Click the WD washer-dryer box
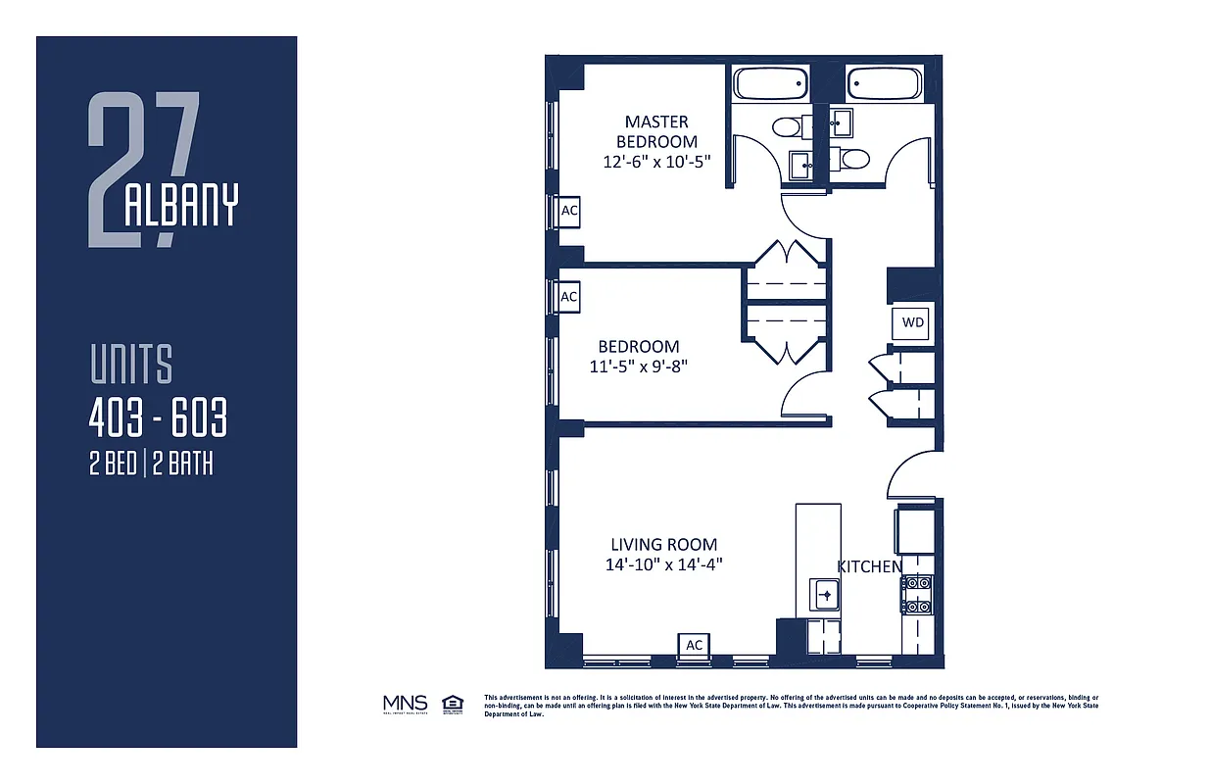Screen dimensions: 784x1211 [x=911, y=322]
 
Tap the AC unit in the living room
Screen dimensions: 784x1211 [x=694, y=644]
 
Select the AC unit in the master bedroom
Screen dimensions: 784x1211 [x=568, y=211]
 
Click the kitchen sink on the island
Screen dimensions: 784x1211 [x=825, y=594]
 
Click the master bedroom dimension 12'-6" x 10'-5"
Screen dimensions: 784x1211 [x=656, y=161]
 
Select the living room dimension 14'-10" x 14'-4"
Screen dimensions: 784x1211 [x=663, y=564]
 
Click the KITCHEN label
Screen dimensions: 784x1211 [x=869, y=566]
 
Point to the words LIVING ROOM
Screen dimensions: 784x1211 [x=663, y=545]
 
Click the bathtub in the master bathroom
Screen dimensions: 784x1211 [x=771, y=84]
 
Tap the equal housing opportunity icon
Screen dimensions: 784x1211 [x=452, y=703]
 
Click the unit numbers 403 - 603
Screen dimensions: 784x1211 [x=158, y=419]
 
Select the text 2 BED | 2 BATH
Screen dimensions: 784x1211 [x=151, y=465]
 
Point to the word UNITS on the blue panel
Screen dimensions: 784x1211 [x=130, y=365]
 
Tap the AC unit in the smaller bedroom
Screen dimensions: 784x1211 [x=568, y=296]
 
